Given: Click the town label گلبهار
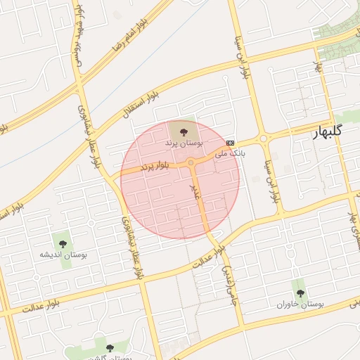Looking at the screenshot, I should click(x=328, y=131).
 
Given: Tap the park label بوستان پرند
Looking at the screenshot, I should click(x=184, y=143).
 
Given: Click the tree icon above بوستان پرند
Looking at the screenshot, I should click(x=184, y=130).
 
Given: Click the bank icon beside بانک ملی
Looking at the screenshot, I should click(x=231, y=141).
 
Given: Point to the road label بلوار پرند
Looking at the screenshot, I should click(x=155, y=167).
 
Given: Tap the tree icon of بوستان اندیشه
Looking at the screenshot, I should click(x=63, y=243).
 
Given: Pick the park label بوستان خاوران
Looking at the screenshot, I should click(x=300, y=305).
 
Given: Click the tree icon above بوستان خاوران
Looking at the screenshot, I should click(x=300, y=292).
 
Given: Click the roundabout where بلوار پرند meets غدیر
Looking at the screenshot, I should click(x=191, y=163).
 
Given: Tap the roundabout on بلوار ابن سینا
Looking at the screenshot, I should click(x=264, y=139).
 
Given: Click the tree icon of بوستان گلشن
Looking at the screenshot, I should click(x=109, y=347).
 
